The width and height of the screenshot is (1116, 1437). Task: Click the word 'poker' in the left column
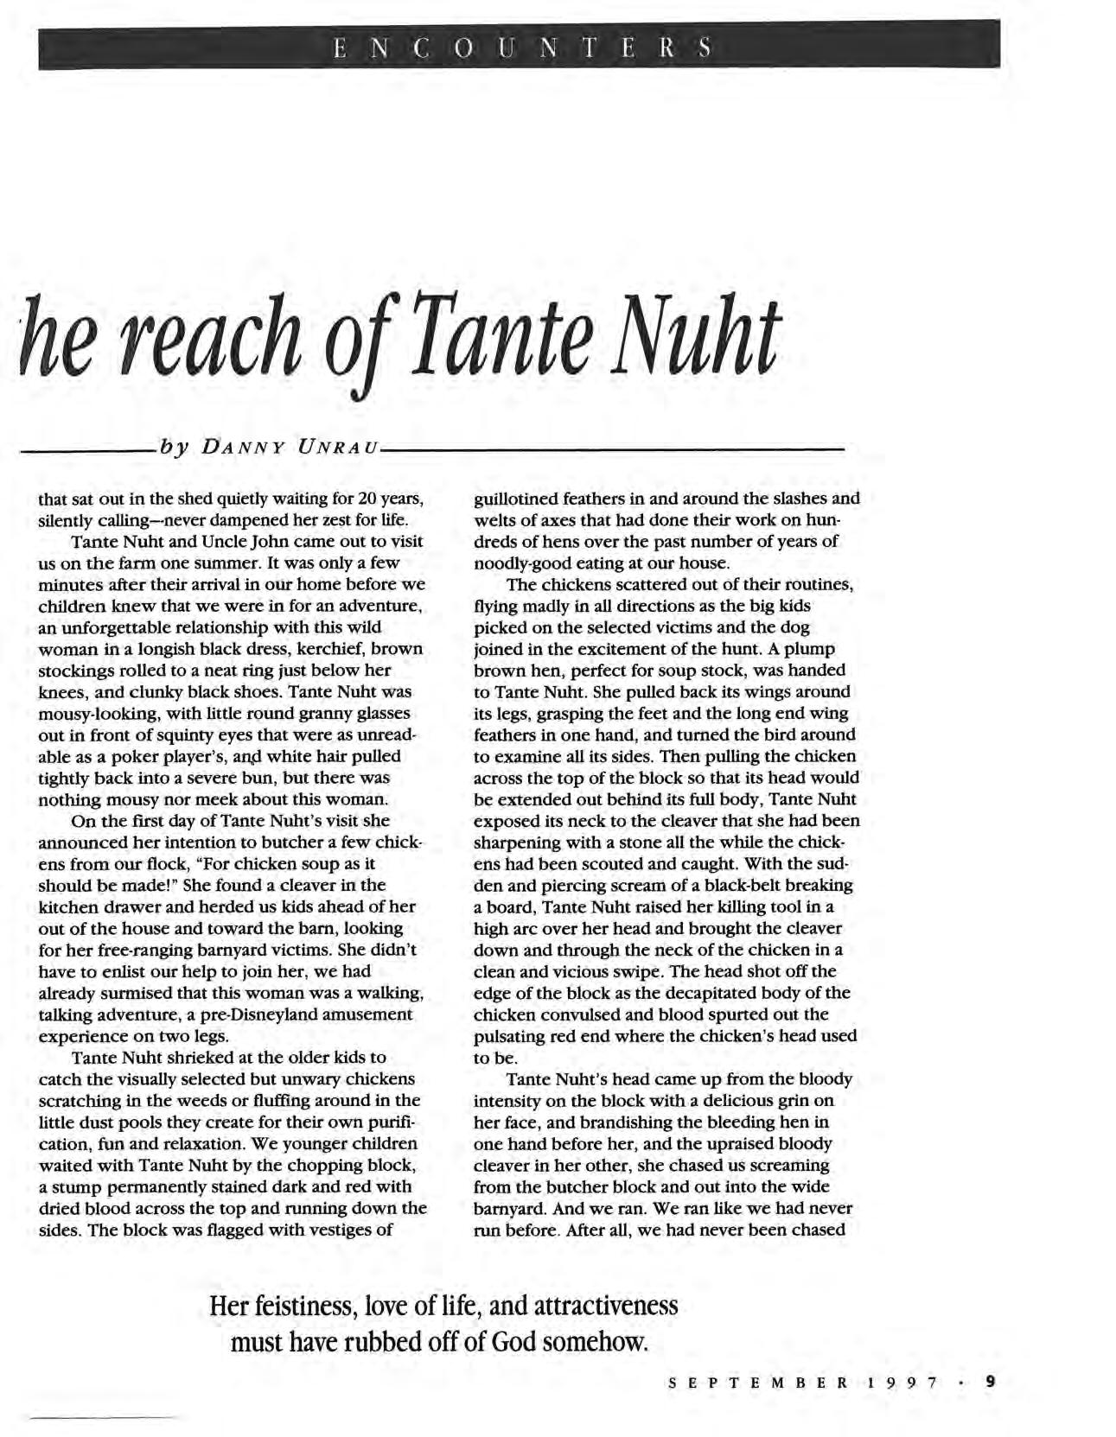click(x=165, y=756)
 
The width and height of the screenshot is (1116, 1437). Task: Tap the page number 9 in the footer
click(x=991, y=1382)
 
